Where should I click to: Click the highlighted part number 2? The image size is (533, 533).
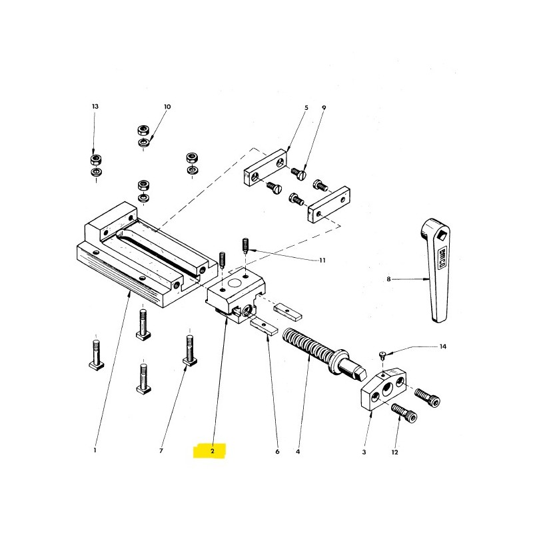click(213, 451)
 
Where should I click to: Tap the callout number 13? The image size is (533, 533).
click(95, 107)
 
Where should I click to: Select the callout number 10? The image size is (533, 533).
click(167, 107)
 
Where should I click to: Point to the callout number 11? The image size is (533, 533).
click(322, 261)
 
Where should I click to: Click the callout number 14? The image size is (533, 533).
click(442, 346)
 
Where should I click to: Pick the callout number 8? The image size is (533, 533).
click(388, 279)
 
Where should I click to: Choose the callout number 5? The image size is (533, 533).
click(306, 108)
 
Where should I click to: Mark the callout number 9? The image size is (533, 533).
click(324, 108)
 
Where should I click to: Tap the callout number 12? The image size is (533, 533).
click(394, 452)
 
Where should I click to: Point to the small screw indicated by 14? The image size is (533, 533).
click(383, 356)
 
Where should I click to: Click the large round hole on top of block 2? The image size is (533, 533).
click(235, 282)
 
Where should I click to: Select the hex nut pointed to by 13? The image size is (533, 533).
click(97, 159)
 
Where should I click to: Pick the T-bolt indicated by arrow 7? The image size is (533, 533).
click(190, 350)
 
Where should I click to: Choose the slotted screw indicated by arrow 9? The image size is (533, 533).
click(299, 173)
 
